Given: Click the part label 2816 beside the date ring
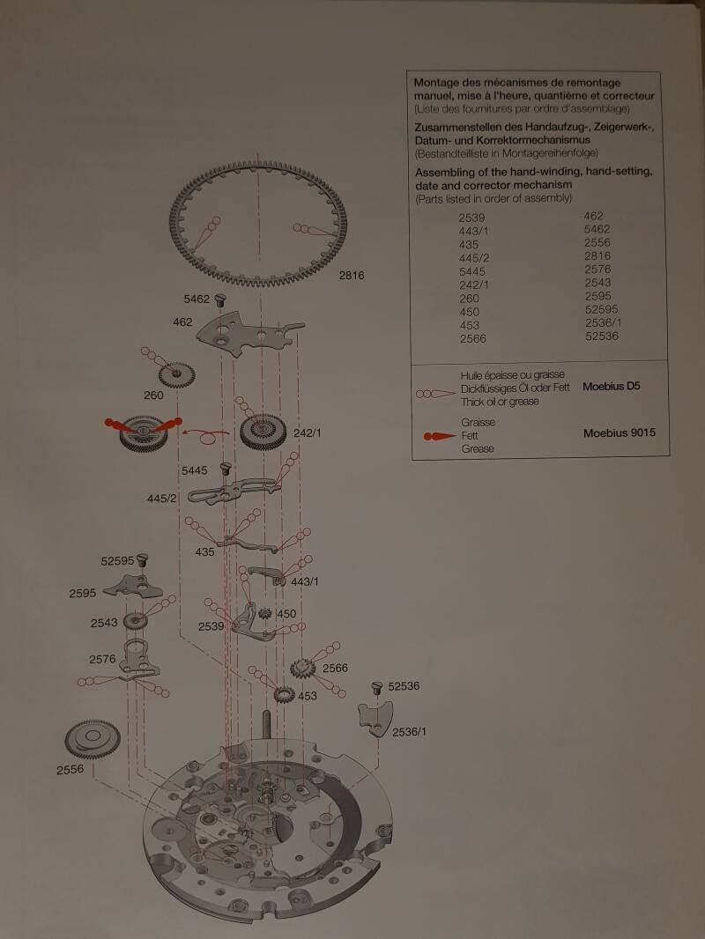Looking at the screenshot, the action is pyautogui.click(x=351, y=276).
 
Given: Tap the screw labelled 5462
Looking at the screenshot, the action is pyautogui.click(x=219, y=299).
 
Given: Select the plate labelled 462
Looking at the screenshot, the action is pyautogui.click(x=249, y=333).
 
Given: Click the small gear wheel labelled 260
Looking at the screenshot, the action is pyautogui.click(x=177, y=375).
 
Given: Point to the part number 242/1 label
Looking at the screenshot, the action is pyautogui.click(x=307, y=433).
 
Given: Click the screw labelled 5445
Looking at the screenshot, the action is pyautogui.click(x=226, y=469).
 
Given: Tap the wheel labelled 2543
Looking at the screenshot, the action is pyautogui.click(x=136, y=621).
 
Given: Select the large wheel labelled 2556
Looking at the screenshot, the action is pyautogui.click(x=93, y=739).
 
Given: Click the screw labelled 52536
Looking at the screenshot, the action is pyautogui.click(x=377, y=687).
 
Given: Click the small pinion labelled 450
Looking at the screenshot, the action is pyautogui.click(x=264, y=613).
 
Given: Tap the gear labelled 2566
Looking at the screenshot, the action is pyautogui.click(x=302, y=668).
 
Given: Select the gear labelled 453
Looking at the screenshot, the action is pyautogui.click(x=284, y=695).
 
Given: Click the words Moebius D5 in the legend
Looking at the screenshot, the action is pyautogui.click(x=611, y=387).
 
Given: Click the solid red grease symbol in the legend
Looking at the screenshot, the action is pyautogui.click(x=439, y=436).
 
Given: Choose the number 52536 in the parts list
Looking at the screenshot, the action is pyautogui.click(x=602, y=336).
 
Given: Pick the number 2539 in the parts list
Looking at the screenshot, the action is pyautogui.click(x=472, y=218).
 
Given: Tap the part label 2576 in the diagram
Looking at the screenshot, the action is pyautogui.click(x=102, y=660).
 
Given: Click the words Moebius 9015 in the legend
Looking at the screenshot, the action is pyautogui.click(x=620, y=433).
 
